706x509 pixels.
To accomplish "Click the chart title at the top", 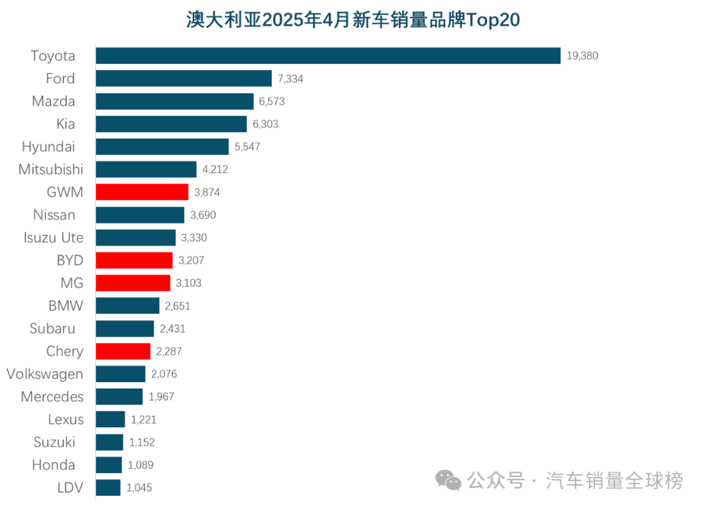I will pos(353,20).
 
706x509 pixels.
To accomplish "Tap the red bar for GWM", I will pos(142,192).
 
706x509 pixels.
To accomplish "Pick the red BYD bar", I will pos(134,260).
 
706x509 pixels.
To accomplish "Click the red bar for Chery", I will pos(124,351).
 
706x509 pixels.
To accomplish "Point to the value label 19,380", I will pos(582,56).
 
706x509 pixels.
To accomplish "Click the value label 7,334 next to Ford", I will pos(290,79).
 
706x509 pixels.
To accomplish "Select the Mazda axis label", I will pos(54,101).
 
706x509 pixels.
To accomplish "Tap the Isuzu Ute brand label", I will pos(54,238).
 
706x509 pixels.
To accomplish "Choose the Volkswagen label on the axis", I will pos(44,374).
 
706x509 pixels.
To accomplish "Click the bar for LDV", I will pos(108,487).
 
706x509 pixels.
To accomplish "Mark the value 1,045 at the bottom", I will pos(139,487).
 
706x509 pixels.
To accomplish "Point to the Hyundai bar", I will pos(162,146).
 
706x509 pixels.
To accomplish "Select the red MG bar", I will pos(133,283).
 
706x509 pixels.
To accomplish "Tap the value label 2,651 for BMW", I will pos(177,306).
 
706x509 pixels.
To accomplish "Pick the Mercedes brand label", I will pos(52,397).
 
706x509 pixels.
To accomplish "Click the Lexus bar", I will pos(110,419).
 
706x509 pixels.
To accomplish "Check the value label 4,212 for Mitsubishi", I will pos(215,170).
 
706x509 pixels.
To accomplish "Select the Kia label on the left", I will pos(65,124).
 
